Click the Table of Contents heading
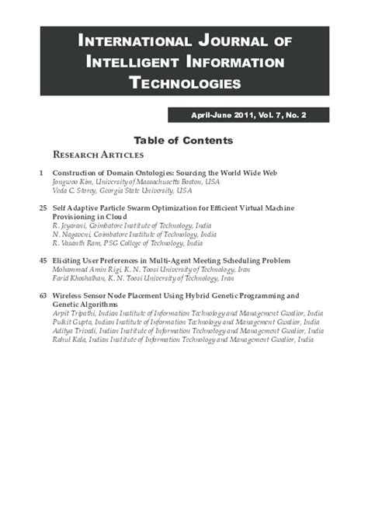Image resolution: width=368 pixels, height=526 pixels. (183, 141)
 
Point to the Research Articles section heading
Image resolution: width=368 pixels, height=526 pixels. (98, 155)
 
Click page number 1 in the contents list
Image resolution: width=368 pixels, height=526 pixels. (40, 172)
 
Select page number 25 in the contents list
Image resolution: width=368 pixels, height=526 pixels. (42, 207)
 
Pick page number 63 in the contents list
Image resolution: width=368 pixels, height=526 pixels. (42, 296)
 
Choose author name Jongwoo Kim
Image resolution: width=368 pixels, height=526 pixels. (71, 181)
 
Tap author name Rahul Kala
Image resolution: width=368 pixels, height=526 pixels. (69, 340)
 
